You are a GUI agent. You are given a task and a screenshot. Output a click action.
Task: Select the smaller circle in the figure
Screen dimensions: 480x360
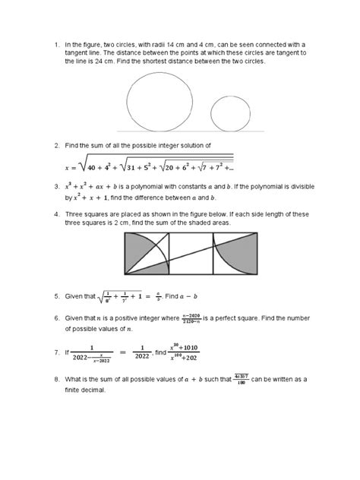(x=230, y=115)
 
